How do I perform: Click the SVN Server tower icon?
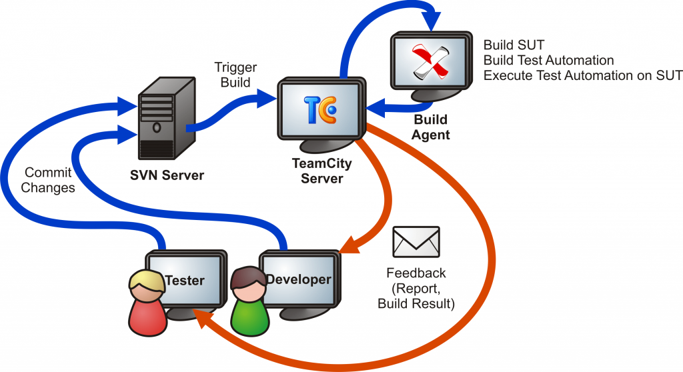click(167, 119)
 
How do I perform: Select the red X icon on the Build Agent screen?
click(431, 61)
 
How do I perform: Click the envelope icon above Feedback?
click(416, 242)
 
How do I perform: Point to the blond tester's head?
click(146, 286)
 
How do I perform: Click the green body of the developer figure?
click(249, 317)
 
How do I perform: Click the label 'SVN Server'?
click(167, 175)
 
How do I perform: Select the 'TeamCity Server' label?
click(322, 171)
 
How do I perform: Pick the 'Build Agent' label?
click(430, 127)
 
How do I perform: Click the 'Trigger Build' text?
click(235, 75)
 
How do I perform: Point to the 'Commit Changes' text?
click(48, 180)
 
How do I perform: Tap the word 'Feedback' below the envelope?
click(416, 273)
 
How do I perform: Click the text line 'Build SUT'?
click(514, 45)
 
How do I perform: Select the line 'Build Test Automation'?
click(549, 60)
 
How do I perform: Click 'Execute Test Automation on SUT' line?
click(583, 75)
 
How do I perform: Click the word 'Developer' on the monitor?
click(298, 279)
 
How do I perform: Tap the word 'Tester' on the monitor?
click(185, 280)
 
